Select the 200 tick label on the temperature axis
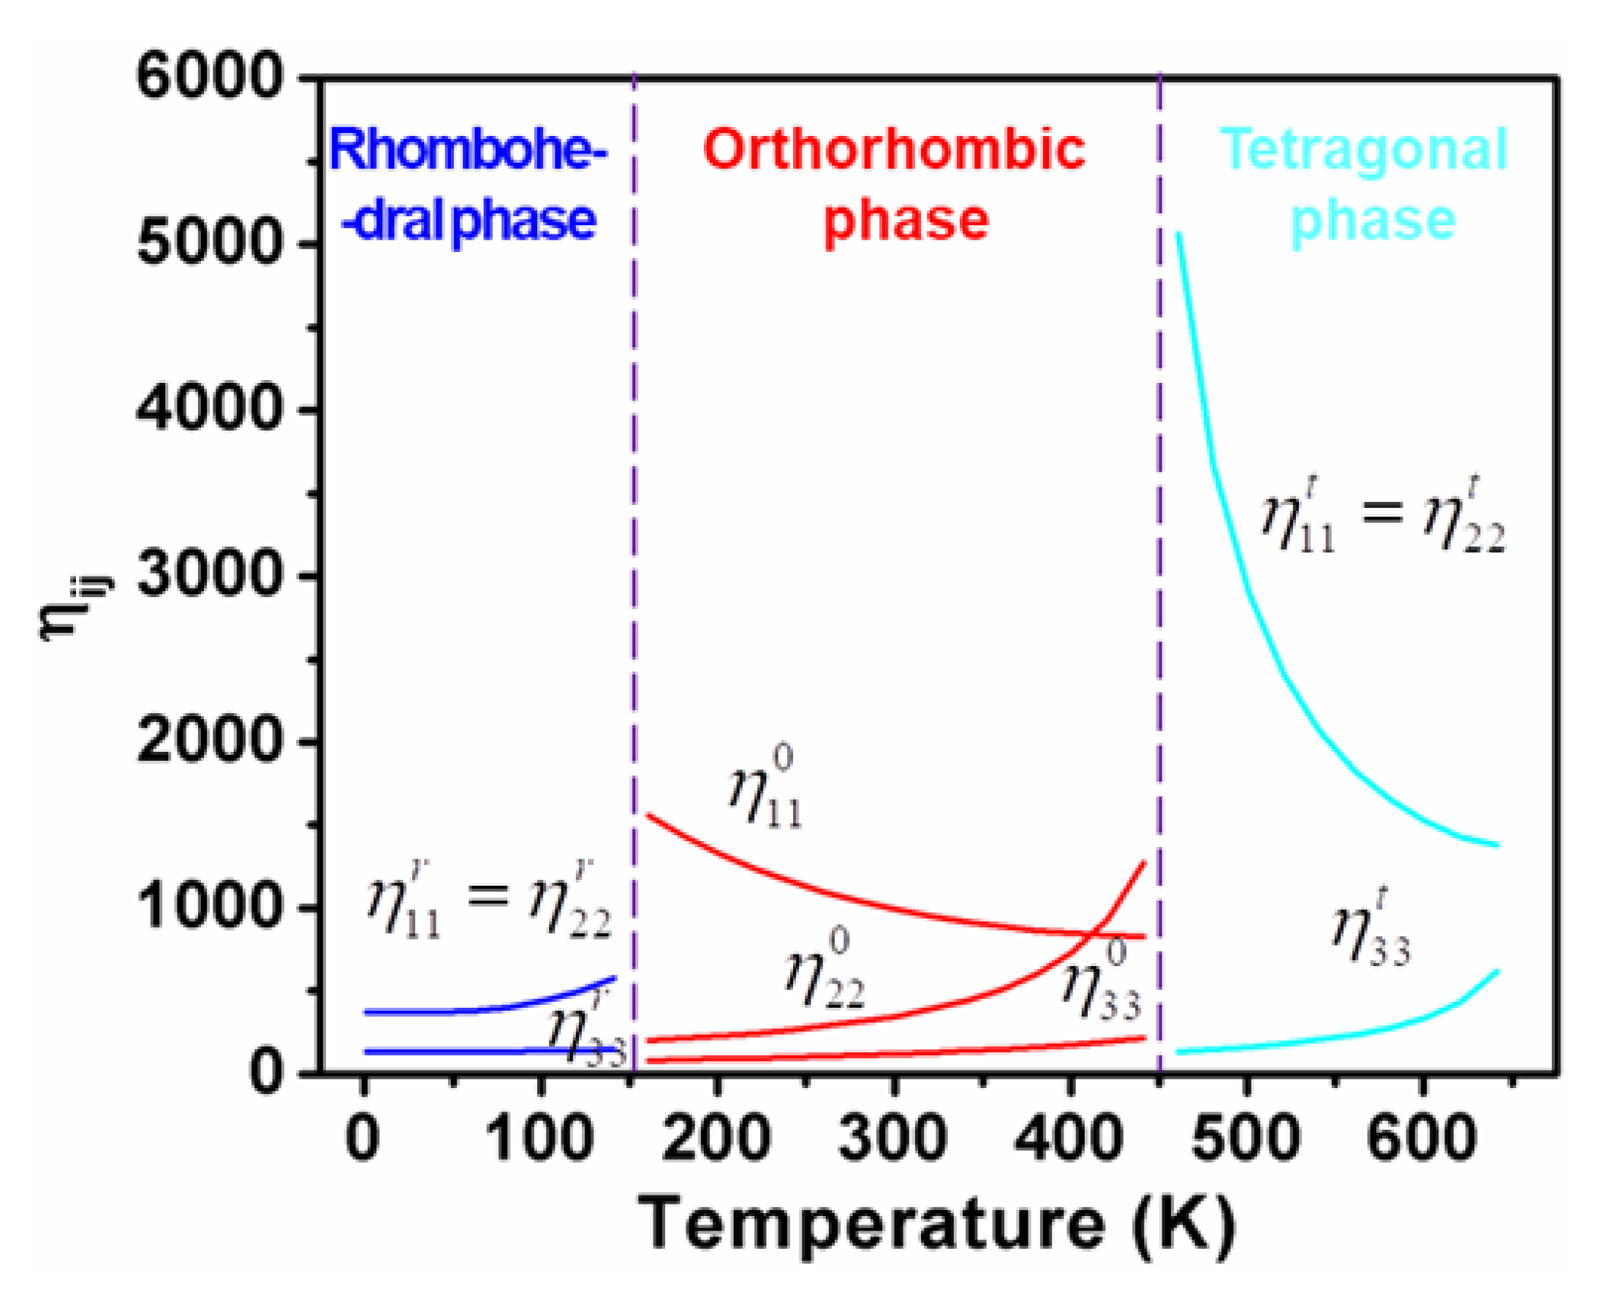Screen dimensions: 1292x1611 point(716,1137)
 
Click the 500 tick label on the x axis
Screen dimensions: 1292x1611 point(1246,1137)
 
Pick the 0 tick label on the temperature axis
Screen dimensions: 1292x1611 point(363,1137)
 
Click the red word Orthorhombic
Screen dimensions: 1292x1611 point(894,150)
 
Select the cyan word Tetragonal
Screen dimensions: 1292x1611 point(1365,150)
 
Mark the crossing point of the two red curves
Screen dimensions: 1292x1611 point(1093,932)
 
